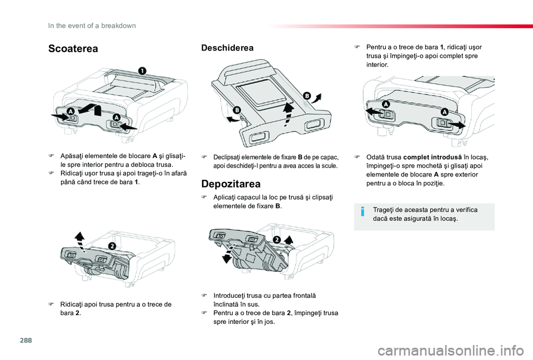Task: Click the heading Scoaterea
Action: pyautogui.click(x=73, y=49)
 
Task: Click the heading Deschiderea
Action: pyautogui.click(x=228, y=48)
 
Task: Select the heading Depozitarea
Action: pyautogui.click(x=231, y=184)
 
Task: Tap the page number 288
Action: pyautogui.click(x=26, y=340)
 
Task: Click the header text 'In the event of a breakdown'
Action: pyautogui.click(x=92, y=26)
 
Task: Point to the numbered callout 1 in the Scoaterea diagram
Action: pyautogui.click(x=142, y=70)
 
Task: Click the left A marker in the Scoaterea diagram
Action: pyautogui.click(x=71, y=111)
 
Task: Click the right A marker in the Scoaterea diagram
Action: pyautogui.click(x=117, y=118)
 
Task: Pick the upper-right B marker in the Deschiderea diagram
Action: pyautogui.click(x=306, y=96)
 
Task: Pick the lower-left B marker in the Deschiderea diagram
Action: pyautogui.click(x=237, y=110)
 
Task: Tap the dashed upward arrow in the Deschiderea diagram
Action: pyautogui.click(x=288, y=114)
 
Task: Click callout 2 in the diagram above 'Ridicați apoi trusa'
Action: pyautogui.click(x=112, y=246)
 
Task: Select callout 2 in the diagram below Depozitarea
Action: pyautogui.click(x=276, y=240)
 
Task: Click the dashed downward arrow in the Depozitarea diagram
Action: pyautogui.click(x=227, y=253)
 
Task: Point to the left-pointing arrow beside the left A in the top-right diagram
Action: pyautogui.click(x=373, y=111)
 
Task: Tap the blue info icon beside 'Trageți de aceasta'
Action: pyautogui.click(x=363, y=212)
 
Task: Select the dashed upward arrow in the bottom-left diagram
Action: pyautogui.click(x=80, y=240)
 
